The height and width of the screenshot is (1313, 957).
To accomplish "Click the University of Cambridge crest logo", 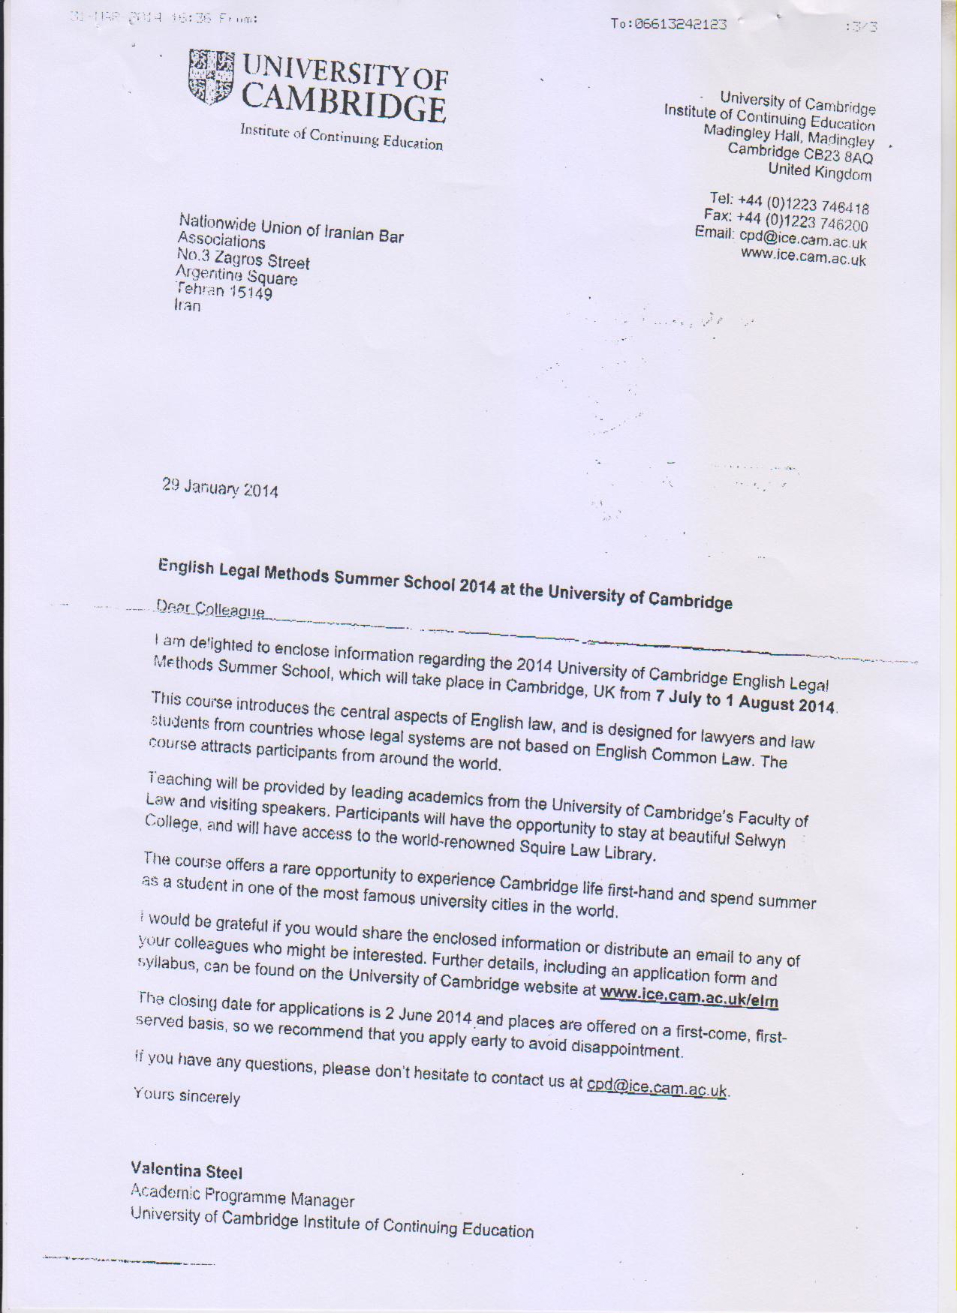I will click(x=210, y=77).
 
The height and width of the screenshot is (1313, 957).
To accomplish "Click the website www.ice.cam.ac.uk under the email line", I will click(x=803, y=258).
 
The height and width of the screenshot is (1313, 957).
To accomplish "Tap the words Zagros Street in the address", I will click(x=261, y=260).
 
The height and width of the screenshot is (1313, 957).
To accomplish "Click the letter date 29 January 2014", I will click(x=220, y=488).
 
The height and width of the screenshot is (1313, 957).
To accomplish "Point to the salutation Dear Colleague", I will click(x=210, y=609).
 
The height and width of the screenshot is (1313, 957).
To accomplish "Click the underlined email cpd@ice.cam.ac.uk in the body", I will click(x=657, y=1086).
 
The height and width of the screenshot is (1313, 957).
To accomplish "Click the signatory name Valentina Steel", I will click(x=186, y=1170).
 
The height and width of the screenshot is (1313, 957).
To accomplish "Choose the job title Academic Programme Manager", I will click(x=242, y=1195).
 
